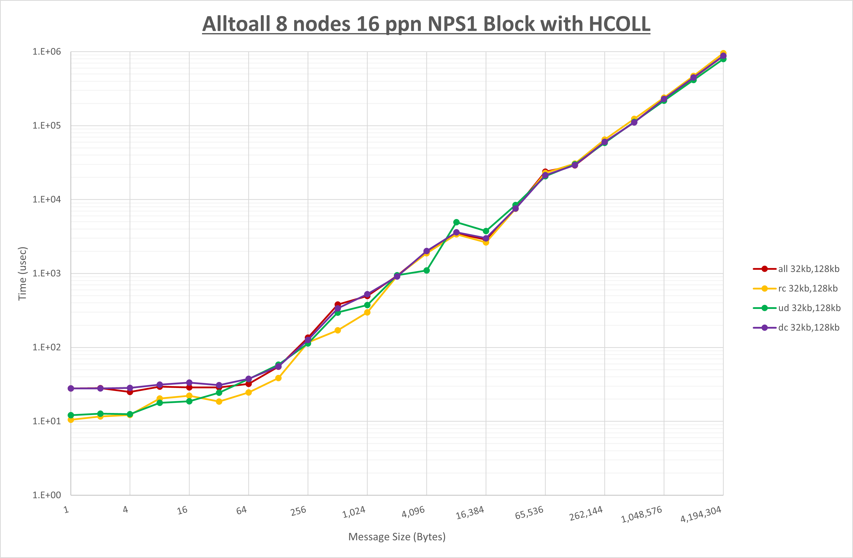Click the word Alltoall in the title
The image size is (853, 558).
236,25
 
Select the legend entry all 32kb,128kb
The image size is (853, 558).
808,269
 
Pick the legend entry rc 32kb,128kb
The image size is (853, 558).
808,288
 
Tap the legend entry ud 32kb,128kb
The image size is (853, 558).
809,308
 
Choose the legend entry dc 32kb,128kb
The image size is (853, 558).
808,327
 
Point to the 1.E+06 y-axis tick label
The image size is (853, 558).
47,52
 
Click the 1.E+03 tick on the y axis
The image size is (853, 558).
47,273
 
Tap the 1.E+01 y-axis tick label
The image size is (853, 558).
47,421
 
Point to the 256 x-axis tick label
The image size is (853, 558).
298,511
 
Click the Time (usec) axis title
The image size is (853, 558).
22,273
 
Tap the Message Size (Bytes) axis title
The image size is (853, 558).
397,537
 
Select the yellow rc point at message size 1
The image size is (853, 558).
71,420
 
